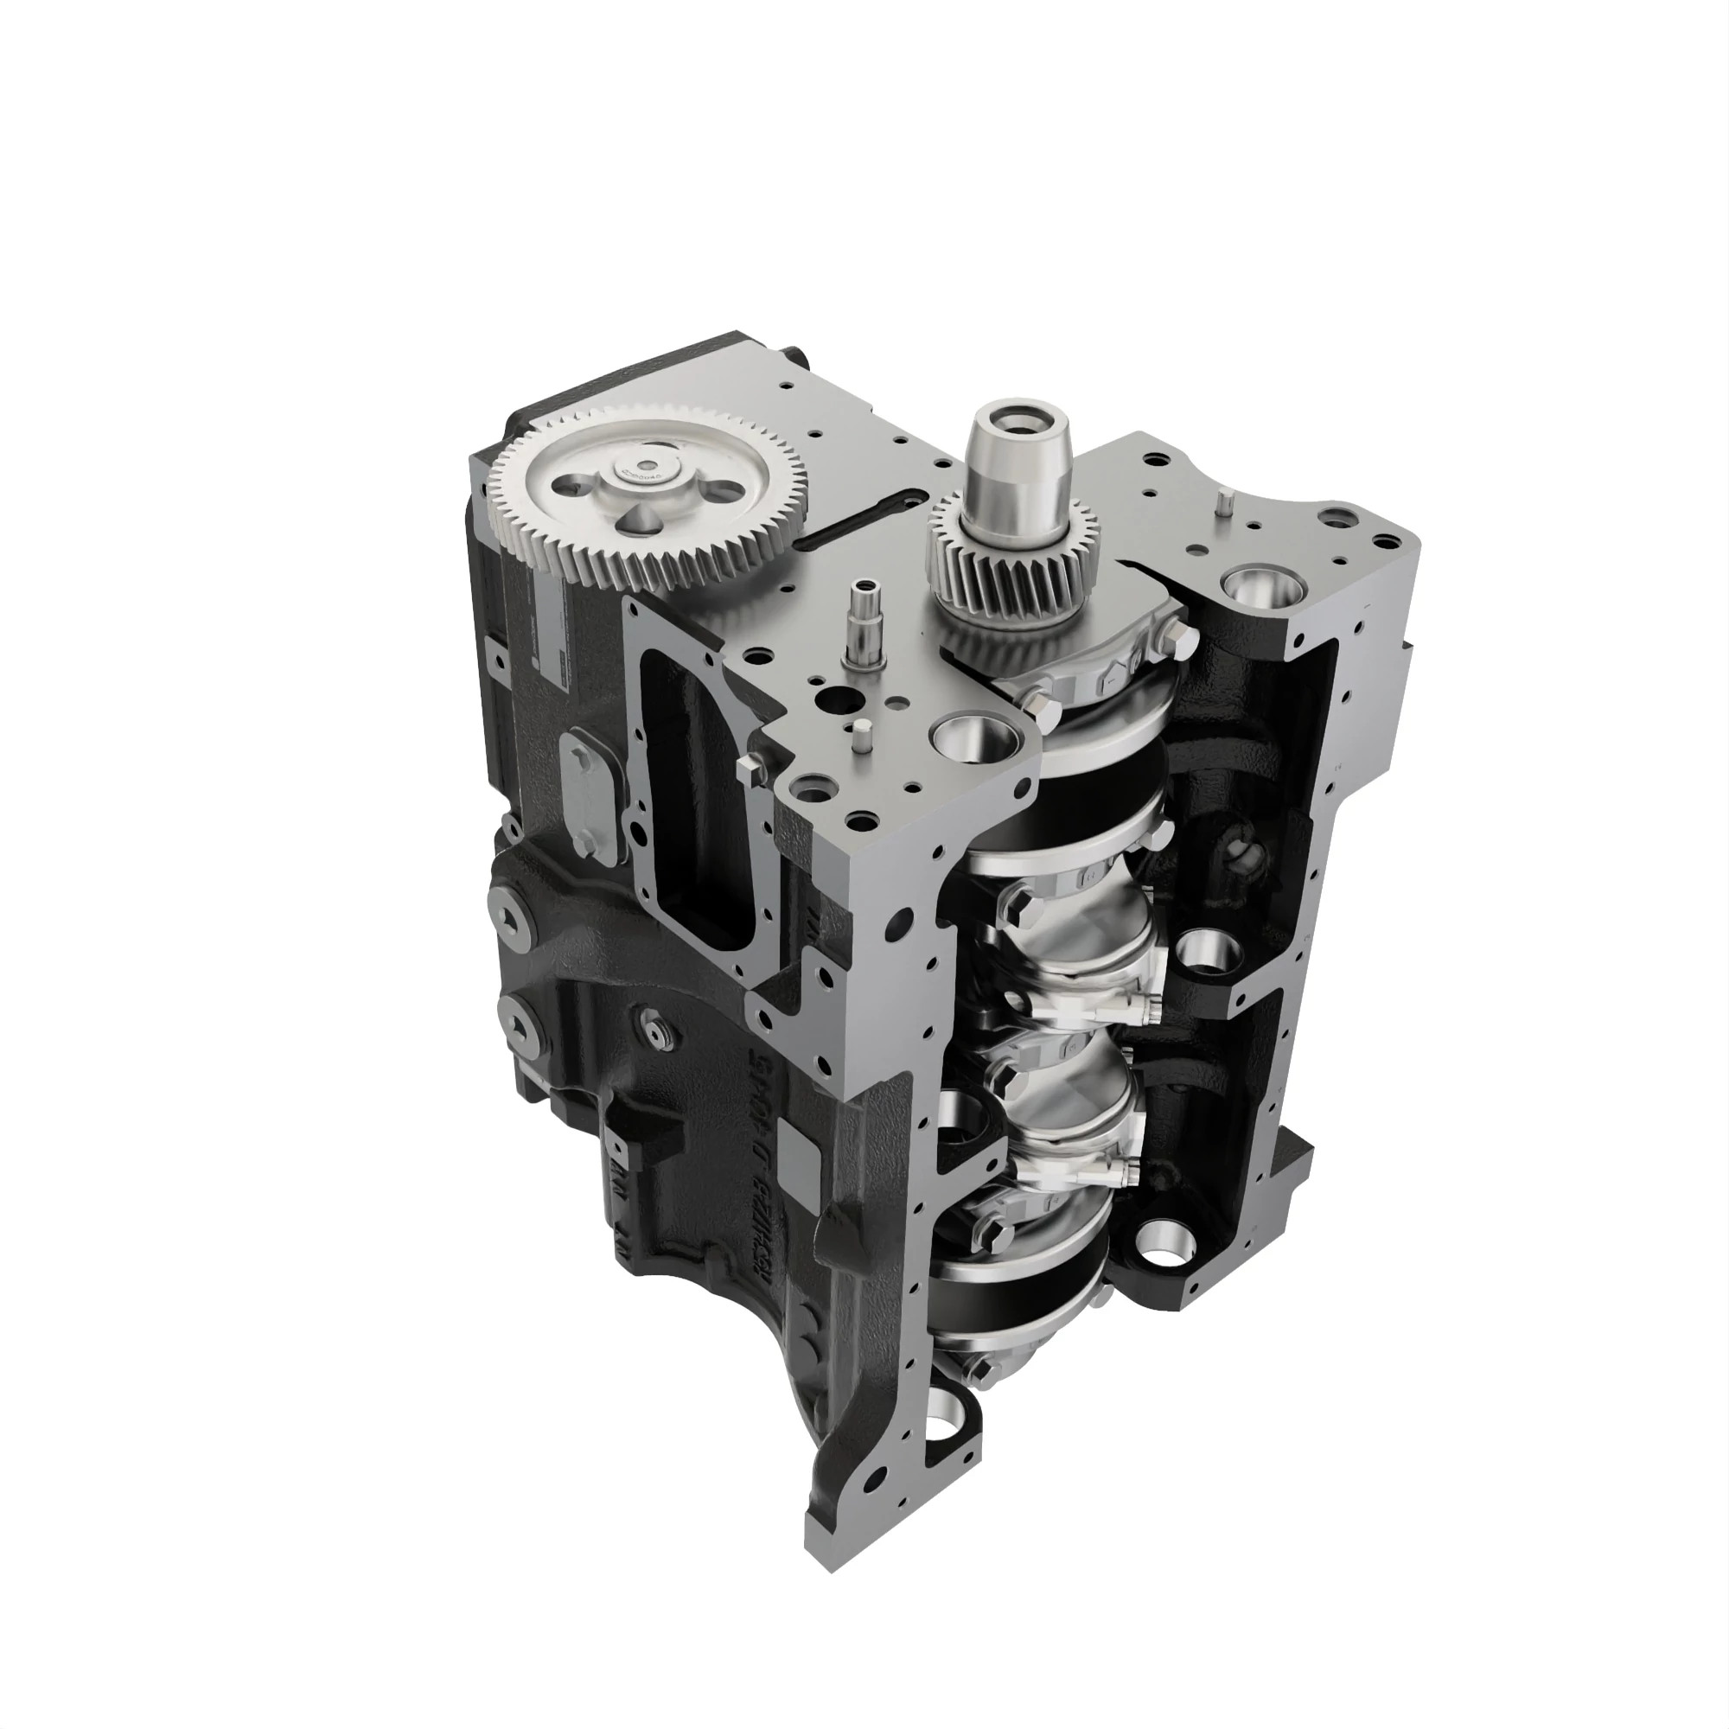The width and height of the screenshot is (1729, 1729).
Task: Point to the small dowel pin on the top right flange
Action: (1222, 504)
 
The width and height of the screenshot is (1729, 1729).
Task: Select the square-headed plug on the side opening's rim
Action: (748, 765)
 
